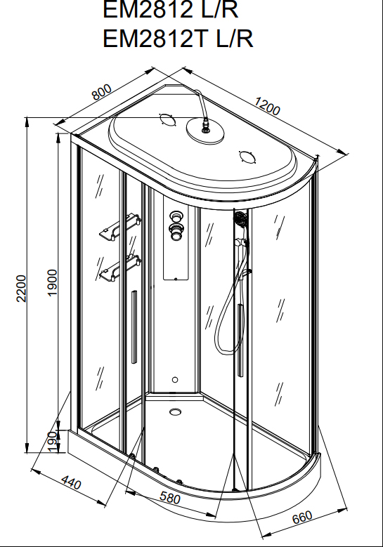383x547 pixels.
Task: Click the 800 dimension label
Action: (x=102, y=92)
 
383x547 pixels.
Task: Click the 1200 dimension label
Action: (x=267, y=106)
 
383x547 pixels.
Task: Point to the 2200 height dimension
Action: (x=21, y=288)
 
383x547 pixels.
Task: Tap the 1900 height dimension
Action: (x=52, y=282)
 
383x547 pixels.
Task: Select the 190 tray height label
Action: (x=52, y=442)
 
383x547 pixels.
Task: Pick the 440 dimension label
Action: (x=71, y=482)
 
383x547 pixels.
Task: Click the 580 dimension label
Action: (x=170, y=497)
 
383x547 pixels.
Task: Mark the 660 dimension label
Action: (x=302, y=517)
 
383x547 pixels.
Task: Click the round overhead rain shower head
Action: (x=205, y=131)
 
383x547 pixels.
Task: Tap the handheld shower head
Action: (x=240, y=218)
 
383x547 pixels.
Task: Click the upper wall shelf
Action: (x=119, y=227)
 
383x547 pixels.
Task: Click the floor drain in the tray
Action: (x=176, y=411)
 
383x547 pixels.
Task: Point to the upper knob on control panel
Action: (x=174, y=216)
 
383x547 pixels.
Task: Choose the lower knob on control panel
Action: (x=175, y=232)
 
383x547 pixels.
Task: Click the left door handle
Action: (x=134, y=327)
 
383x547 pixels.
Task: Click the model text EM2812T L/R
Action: (x=178, y=38)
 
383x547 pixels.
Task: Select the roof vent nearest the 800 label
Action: (x=167, y=119)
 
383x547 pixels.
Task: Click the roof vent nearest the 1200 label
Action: (x=248, y=157)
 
